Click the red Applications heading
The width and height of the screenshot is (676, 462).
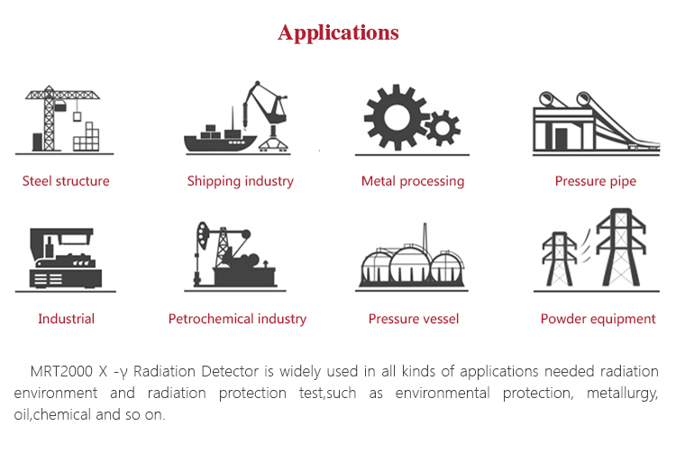pyautogui.click(x=338, y=32)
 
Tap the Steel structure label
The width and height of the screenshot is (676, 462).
pyautogui.click(x=66, y=181)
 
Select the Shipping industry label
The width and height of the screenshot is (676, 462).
pyautogui.click(x=240, y=181)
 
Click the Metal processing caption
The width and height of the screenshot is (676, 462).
pyautogui.click(x=413, y=181)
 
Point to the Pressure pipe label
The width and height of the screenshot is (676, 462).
pyautogui.click(x=595, y=181)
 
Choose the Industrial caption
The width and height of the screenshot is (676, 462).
pyautogui.click(x=66, y=319)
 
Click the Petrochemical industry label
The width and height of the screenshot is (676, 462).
pyautogui.click(x=237, y=319)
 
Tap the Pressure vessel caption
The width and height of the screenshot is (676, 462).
pyautogui.click(x=414, y=319)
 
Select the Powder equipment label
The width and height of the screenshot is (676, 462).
pyautogui.click(x=598, y=319)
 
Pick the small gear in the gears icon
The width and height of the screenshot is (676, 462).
pyautogui.click(x=442, y=127)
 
